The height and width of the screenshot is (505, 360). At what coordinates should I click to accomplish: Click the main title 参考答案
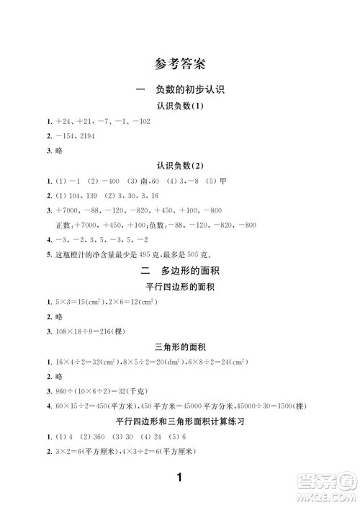pyautogui.click(x=180, y=64)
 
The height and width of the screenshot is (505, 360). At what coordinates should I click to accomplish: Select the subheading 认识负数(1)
pyautogui.click(x=180, y=106)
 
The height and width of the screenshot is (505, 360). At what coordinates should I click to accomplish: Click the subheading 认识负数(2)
pyautogui.click(x=180, y=165)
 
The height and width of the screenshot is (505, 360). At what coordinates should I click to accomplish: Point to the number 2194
pyautogui.click(x=85, y=135)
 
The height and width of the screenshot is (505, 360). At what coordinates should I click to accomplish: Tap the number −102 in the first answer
pyautogui.click(x=137, y=120)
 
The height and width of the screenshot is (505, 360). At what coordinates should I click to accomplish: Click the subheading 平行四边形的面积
pyautogui.click(x=180, y=287)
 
